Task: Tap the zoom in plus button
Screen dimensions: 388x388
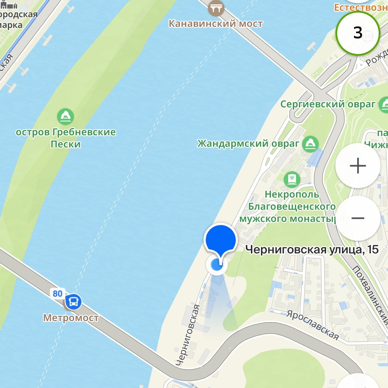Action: point(358,166)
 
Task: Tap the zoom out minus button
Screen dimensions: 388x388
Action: point(358,218)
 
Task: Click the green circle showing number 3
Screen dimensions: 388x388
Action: point(358,33)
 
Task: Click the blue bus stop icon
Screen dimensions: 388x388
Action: point(73,302)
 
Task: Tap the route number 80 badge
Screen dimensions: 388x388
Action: point(57,294)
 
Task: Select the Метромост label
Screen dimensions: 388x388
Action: point(71,317)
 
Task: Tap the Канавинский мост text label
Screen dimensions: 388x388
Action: point(216,24)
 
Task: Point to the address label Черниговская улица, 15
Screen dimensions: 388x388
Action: point(312,250)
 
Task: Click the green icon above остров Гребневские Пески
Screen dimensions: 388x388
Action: point(66,117)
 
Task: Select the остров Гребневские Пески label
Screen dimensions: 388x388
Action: point(66,138)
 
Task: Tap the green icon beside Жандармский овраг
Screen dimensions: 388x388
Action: point(310,144)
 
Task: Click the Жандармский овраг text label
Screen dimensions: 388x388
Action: point(248,144)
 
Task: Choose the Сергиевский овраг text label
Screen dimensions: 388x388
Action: point(328,104)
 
